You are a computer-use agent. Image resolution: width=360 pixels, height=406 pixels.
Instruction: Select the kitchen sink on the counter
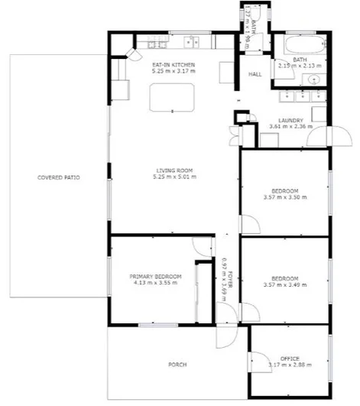193,41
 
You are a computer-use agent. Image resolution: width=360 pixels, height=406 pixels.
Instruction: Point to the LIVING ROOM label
176,171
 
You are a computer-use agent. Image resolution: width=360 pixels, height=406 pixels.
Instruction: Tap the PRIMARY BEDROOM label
155,276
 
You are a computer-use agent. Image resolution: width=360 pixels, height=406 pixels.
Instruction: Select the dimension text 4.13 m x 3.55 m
155,283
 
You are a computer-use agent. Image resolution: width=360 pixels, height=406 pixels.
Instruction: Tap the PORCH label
177,365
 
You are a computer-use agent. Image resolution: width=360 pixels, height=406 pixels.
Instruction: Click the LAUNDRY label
291,120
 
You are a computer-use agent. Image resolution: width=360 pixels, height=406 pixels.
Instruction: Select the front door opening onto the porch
226,330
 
